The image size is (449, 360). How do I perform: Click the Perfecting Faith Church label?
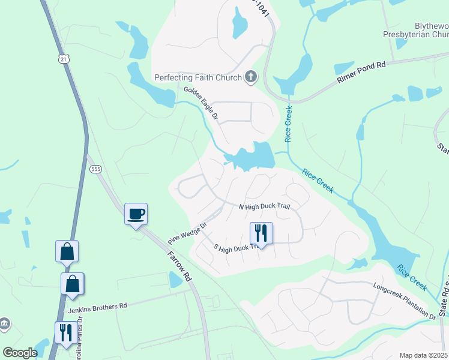[197, 77]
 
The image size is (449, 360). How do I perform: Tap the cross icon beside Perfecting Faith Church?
[251, 77]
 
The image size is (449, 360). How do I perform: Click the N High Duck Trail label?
[264, 206]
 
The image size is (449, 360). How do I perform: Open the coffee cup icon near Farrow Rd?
[136, 214]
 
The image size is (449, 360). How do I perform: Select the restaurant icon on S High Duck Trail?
[261, 232]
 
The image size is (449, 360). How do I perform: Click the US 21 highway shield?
[64, 59]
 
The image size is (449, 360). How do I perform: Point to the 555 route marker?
[96, 170]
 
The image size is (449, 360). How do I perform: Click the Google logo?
[20, 353]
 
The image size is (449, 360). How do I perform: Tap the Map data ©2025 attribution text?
[423, 355]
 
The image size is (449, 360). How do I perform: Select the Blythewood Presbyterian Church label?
[416, 31]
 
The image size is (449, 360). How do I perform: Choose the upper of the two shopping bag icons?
[67, 251]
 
